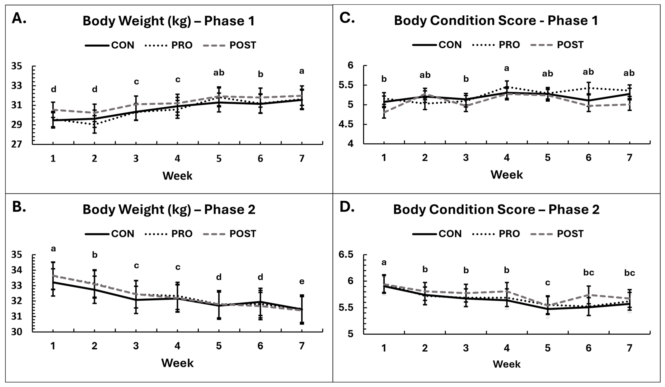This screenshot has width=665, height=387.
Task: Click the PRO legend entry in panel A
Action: [x=169, y=45]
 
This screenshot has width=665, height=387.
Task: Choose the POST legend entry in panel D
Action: [x=557, y=234]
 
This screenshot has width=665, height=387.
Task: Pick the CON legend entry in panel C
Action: [x=437, y=45]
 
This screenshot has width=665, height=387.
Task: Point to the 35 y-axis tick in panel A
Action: [x=16, y=66]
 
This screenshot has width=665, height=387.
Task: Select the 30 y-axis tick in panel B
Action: [x=16, y=332]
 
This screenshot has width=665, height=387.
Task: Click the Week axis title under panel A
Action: [x=177, y=176]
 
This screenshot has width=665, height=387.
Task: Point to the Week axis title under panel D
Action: [x=507, y=364]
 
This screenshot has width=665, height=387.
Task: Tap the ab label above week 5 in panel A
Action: [x=219, y=73]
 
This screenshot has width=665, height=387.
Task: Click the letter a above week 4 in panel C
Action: [x=507, y=69]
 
